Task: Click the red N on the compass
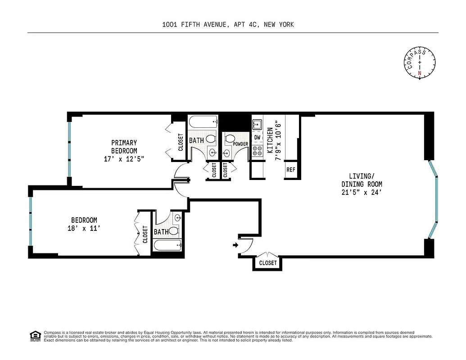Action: point(420,73)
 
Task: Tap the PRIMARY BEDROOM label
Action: point(124,147)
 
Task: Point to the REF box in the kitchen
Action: point(291,170)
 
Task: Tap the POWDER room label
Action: point(240,144)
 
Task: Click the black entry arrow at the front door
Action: point(235,245)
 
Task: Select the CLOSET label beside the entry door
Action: point(268,263)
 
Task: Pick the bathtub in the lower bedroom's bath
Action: point(167,245)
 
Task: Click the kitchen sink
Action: point(257,124)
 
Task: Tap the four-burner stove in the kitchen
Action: point(258,151)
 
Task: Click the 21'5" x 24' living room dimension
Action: point(362,192)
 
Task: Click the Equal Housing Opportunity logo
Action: point(35,336)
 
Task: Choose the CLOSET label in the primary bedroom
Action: point(181,142)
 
